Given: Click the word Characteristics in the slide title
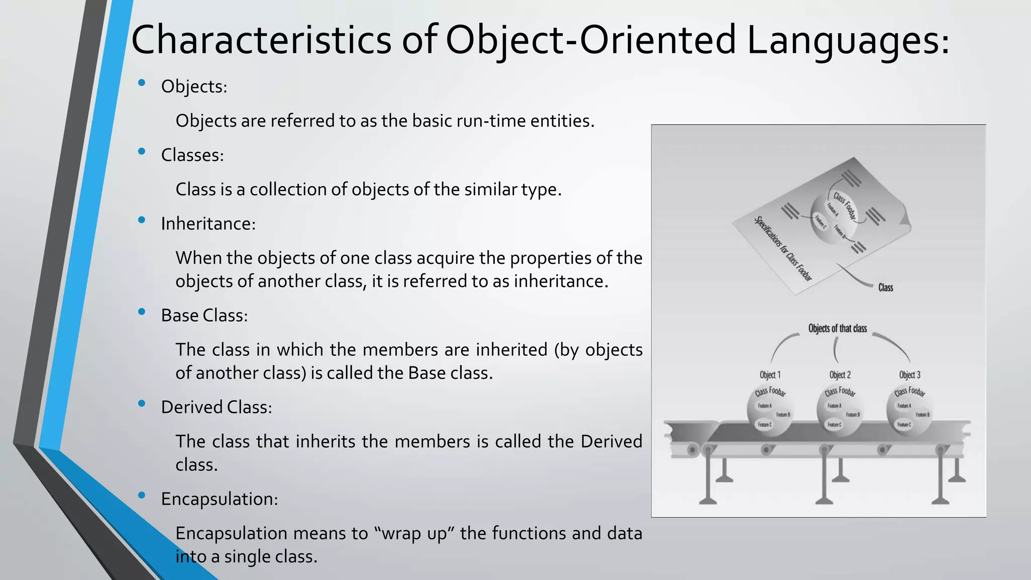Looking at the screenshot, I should click(261, 40).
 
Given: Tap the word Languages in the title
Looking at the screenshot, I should click(848, 40).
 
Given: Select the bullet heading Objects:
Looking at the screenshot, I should click(194, 87).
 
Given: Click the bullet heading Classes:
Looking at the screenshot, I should click(192, 155).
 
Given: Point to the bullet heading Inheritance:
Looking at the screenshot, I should click(208, 224).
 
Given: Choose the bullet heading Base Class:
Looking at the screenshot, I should click(204, 316).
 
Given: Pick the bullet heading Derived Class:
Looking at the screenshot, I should click(216, 407).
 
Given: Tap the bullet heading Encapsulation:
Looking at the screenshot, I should click(219, 499).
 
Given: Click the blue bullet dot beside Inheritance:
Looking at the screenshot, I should click(141, 220).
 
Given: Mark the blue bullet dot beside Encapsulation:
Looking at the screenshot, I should click(141, 495).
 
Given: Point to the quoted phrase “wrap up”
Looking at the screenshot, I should click(414, 533).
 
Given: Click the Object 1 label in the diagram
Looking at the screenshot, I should click(770, 375).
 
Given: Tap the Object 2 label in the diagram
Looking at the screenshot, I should click(840, 375).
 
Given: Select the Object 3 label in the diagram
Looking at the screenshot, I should click(910, 375).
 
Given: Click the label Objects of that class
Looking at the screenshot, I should click(837, 329).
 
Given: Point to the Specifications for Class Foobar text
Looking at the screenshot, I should click(782, 248).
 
